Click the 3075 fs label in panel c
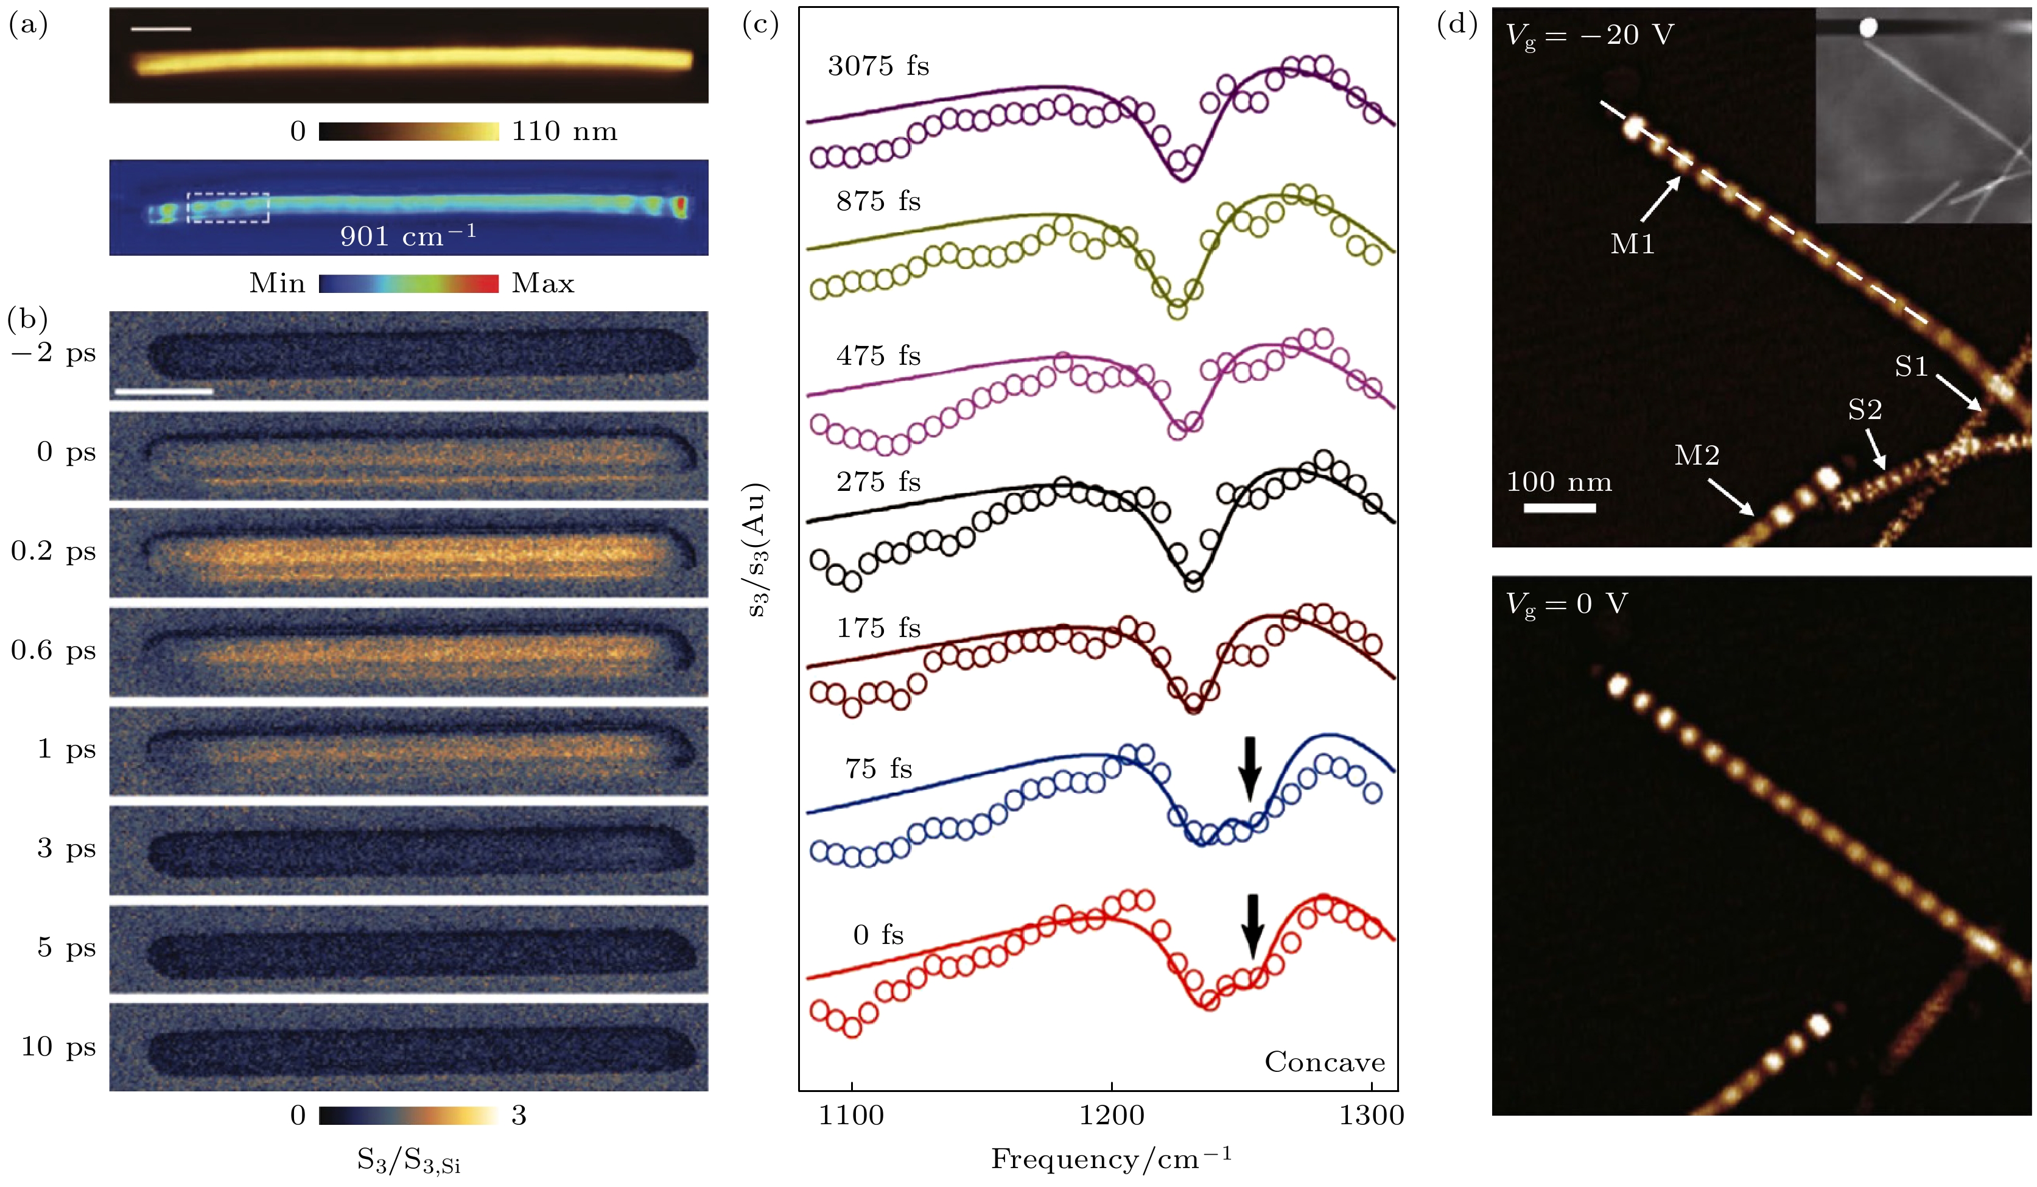click(x=878, y=66)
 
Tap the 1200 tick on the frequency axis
click(x=1112, y=1116)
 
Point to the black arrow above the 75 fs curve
click(x=1250, y=767)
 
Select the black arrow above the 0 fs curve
click(x=1252, y=925)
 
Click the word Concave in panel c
click(x=1324, y=1062)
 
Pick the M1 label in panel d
click(x=1632, y=244)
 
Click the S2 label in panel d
click(x=1865, y=410)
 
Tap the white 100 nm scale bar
click(x=1559, y=508)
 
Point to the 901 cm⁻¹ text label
click(x=407, y=236)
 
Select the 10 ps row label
click(x=58, y=1046)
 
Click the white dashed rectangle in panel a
click(x=228, y=207)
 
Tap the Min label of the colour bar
click(x=277, y=284)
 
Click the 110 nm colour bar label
click(x=564, y=131)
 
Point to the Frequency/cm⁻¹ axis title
click(x=1112, y=1160)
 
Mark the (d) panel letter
click(x=1457, y=24)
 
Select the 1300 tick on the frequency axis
click(x=1372, y=1116)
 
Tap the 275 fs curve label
click(x=878, y=482)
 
